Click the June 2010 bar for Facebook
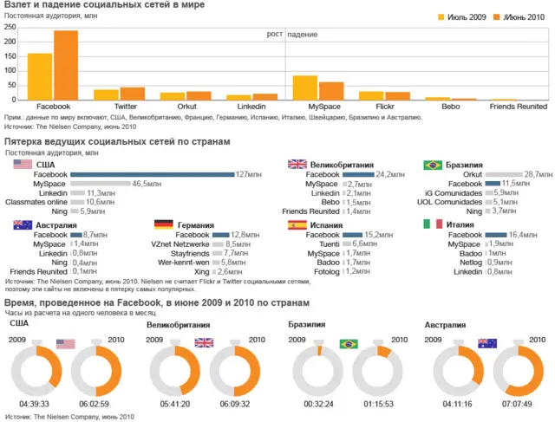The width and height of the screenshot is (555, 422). click(66, 66)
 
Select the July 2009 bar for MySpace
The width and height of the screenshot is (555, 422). click(304, 88)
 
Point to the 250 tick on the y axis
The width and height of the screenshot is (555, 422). click(10, 27)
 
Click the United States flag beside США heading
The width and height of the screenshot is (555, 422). click(23, 165)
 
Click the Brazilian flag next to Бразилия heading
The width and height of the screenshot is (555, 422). click(432, 165)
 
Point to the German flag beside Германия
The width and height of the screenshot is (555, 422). click(162, 224)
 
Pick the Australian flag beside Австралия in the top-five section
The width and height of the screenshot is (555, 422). click(23, 224)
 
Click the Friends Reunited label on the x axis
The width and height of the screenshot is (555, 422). click(519, 107)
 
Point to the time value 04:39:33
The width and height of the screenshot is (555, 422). click(35, 405)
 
